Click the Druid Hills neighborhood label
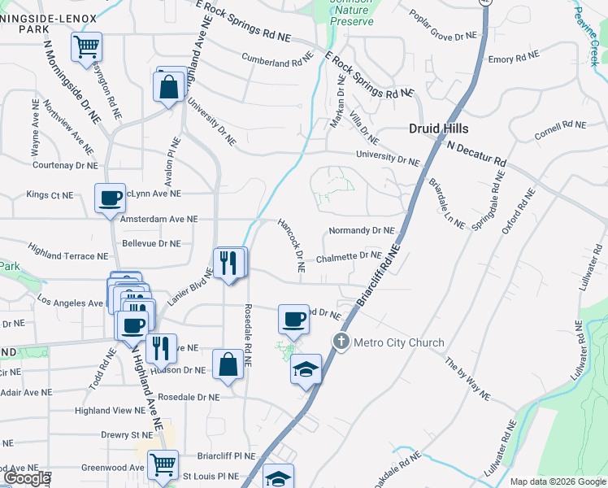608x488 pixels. click(x=438, y=129)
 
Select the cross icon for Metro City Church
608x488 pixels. click(x=341, y=341)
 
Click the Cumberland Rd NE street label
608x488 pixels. click(x=277, y=58)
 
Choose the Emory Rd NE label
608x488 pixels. click(x=513, y=58)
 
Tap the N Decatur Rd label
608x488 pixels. click(x=476, y=152)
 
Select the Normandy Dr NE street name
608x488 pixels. click(x=361, y=231)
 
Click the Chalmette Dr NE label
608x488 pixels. click(x=348, y=257)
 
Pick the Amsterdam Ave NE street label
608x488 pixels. click(x=159, y=219)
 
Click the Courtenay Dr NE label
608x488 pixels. click(x=65, y=165)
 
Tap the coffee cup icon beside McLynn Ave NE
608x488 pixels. click(x=110, y=198)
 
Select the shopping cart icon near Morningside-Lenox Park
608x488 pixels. click(x=86, y=46)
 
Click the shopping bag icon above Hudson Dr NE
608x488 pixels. click(x=228, y=364)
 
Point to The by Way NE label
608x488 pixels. click(x=467, y=377)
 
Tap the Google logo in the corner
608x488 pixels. click(x=27, y=478)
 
